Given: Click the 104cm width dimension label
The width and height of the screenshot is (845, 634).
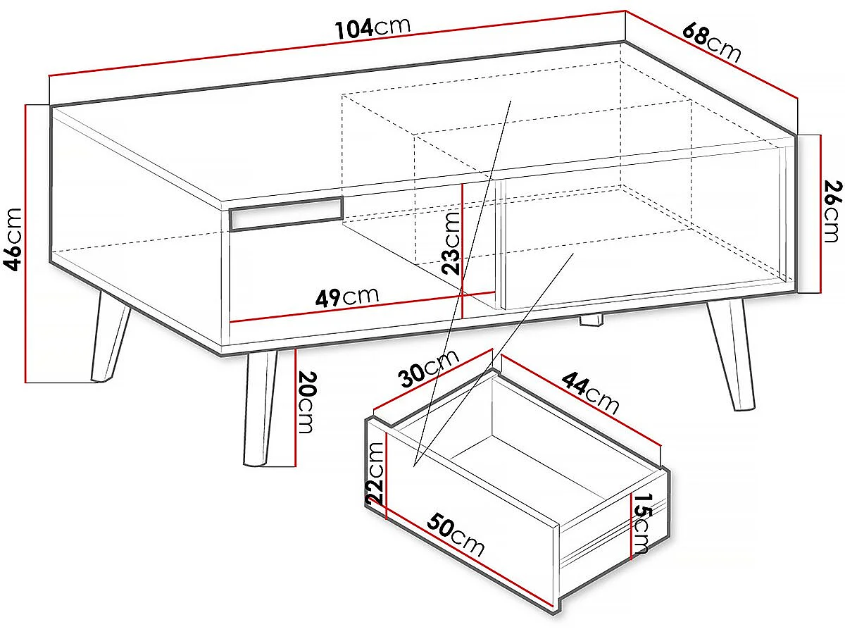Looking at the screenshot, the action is click(373, 28).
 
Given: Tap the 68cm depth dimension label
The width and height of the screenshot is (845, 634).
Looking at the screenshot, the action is click(712, 43).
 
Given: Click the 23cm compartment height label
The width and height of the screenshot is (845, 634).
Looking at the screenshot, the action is click(451, 243).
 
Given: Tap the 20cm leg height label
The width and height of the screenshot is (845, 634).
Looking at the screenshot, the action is click(307, 402).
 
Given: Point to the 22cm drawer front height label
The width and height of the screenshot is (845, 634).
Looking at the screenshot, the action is click(375, 473).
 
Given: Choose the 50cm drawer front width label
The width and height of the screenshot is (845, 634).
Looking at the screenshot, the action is click(456, 535).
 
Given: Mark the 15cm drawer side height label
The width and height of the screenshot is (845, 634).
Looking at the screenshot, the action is click(641, 523).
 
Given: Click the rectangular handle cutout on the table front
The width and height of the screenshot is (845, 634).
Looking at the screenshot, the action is click(286, 214).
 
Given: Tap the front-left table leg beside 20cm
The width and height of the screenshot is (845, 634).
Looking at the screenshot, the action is click(261, 408).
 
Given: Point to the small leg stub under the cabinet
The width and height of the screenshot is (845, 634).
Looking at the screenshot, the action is click(591, 321).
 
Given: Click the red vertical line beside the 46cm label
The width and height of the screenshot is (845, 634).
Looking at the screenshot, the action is click(25, 244).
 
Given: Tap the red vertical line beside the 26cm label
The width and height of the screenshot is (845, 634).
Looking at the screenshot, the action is click(821, 213).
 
